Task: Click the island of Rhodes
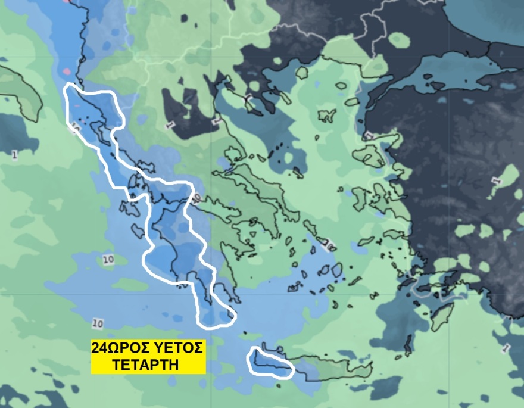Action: coord(442,315)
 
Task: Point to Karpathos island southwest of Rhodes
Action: coord(408,344)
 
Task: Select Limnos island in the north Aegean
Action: coord(326,115)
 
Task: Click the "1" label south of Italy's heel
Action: coord(15,155)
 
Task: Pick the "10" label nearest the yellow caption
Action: coord(98,323)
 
